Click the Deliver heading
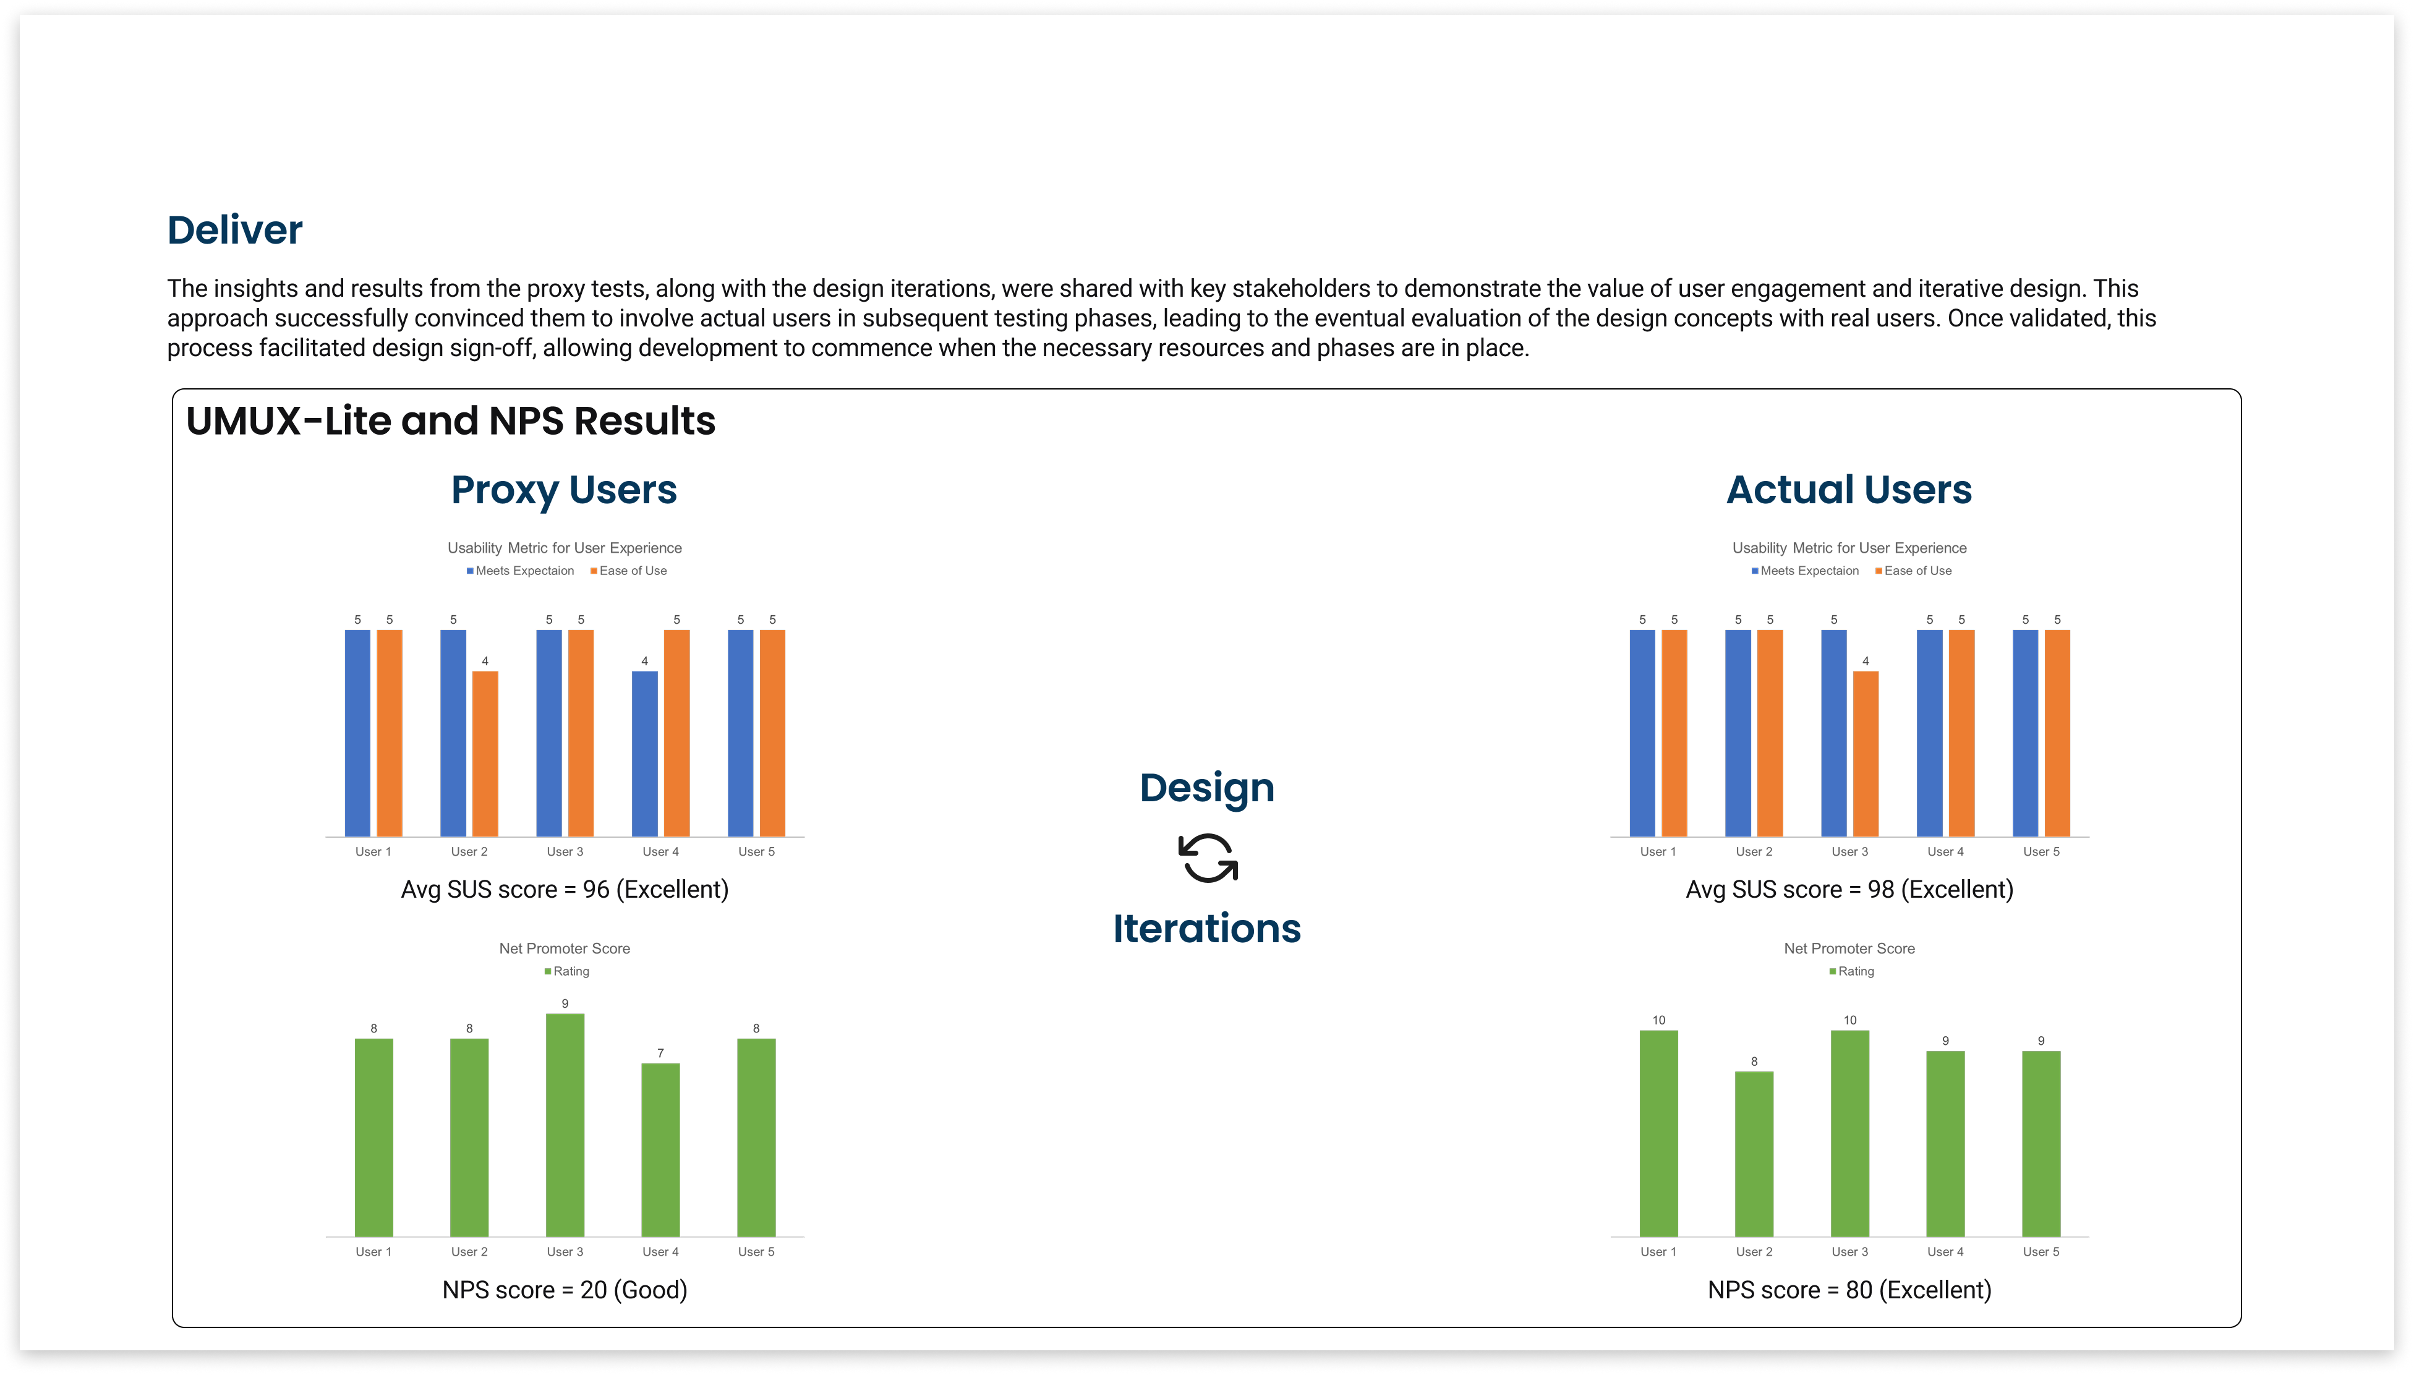(x=234, y=229)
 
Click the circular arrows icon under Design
(x=1208, y=858)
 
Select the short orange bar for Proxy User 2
(x=485, y=754)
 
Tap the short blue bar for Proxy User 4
(x=644, y=754)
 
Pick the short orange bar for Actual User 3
(x=1866, y=754)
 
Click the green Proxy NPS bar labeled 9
(x=565, y=1124)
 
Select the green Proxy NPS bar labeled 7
(x=660, y=1149)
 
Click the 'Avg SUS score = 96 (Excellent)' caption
(x=565, y=890)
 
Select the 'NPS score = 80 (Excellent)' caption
(x=1849, y=1290)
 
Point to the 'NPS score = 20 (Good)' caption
(x=565, y=1290)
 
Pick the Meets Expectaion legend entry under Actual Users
(x=1807, y=571)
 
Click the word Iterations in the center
(x=1207, y=929)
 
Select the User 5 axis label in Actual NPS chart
(x=2041, y=1252)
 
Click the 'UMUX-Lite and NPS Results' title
(x=451, y=421)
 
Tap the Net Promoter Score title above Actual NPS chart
(x=1849, y=949)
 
